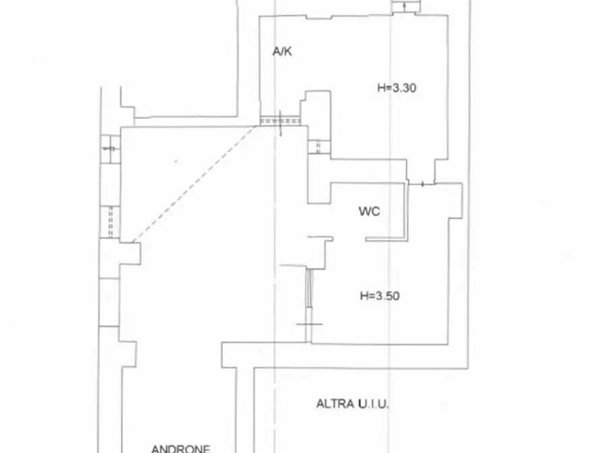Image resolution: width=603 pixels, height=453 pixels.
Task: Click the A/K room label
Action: (x=282, y=51)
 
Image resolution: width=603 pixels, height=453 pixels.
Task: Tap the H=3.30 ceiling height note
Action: (x=396, y=88)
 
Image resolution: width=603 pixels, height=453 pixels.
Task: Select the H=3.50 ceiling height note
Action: (x=379, y=296)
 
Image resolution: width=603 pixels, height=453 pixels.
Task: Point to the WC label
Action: (x=369, y=211)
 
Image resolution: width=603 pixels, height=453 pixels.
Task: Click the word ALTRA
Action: (x=335, y=404)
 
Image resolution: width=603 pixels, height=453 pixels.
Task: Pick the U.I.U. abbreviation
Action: (x=373, y=404)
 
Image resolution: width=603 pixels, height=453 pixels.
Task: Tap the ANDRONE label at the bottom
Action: (x=181, y=449)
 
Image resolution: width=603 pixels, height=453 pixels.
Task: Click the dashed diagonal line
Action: (x=194, y=184)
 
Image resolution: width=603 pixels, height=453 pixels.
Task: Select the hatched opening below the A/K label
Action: (x=280, y=121)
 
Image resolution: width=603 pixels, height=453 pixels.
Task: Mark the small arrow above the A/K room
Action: (x=404, y=6)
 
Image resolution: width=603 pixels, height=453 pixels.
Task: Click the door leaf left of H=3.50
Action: (x=309, y=288)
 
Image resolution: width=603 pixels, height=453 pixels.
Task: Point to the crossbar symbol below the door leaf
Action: (x=309, y=324)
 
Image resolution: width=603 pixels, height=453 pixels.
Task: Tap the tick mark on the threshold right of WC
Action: (x=423, y=184)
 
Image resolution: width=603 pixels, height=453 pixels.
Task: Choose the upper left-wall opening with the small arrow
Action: (x=110, y=149)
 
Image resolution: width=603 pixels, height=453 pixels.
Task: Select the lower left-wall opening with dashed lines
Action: (x=110, y=222)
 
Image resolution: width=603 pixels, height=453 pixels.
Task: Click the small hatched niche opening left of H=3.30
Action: (x=319, y=147)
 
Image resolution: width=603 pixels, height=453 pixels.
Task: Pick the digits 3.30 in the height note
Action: (x=404, y=88)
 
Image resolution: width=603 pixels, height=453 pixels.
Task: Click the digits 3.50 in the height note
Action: (x=388, y=296)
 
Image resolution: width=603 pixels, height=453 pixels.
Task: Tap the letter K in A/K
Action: (x=288, y=51)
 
